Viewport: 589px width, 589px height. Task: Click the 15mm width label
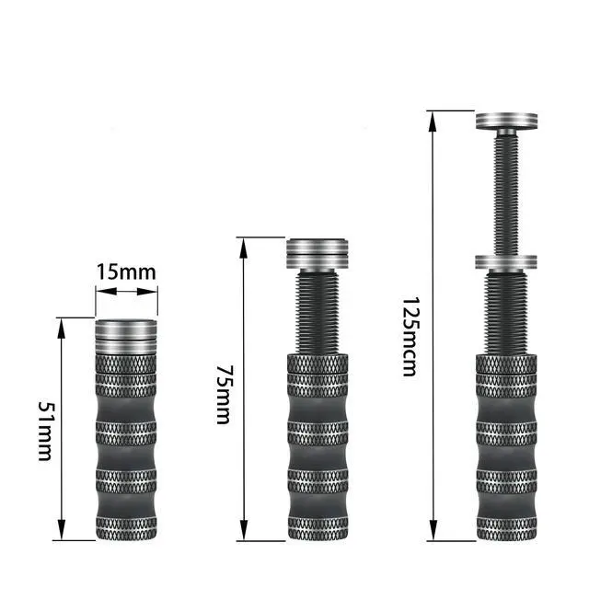tap(126, 272)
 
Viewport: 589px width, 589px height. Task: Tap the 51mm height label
tap(46, 432)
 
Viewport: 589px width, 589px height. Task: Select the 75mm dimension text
tap(224, 395)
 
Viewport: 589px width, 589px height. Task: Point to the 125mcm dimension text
tap(410, 337)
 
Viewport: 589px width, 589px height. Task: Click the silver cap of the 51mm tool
tap(126, 337)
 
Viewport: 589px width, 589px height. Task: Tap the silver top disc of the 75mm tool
tap(318, 254)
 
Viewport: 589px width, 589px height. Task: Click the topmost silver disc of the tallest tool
tap(506, 121)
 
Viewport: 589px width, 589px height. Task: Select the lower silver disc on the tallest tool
tap(506, 261)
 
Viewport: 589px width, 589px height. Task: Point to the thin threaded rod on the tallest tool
tap(506, 193)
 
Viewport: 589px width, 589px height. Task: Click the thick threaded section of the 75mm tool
tap(318, 312)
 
